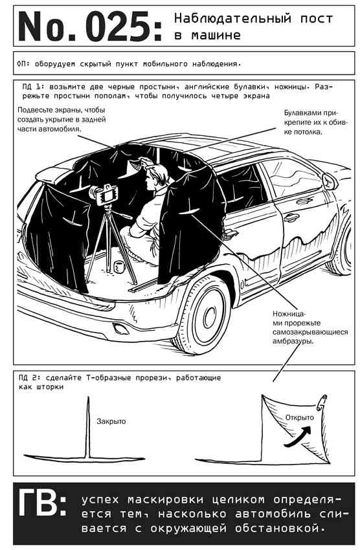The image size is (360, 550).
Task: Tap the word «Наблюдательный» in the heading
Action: [232, 18]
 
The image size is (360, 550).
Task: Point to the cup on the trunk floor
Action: [119, 267]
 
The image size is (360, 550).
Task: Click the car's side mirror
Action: [330, 182]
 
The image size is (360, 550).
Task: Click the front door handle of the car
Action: [291, 217]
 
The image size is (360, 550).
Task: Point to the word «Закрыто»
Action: [111, 421]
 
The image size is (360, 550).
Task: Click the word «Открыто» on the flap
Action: [299, 417]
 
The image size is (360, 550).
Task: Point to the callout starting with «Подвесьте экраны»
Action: [62, 119]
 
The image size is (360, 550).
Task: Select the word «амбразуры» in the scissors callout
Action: [292, 341]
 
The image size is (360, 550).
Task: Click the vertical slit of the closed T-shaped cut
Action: [87, 427]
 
